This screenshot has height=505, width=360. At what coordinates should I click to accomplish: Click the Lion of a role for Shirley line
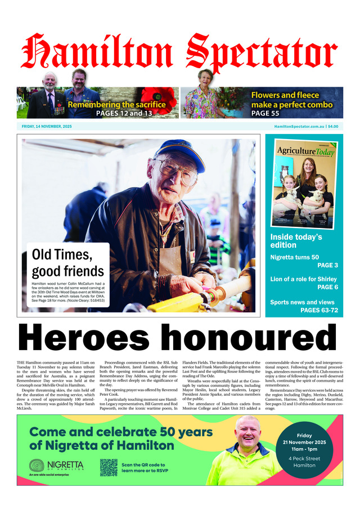coord(304,279)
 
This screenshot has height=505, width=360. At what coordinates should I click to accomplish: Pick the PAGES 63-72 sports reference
coord(319,310)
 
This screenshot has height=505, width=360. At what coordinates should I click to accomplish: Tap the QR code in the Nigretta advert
coord(109,467)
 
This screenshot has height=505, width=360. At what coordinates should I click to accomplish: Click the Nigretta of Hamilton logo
coord(57,466)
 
